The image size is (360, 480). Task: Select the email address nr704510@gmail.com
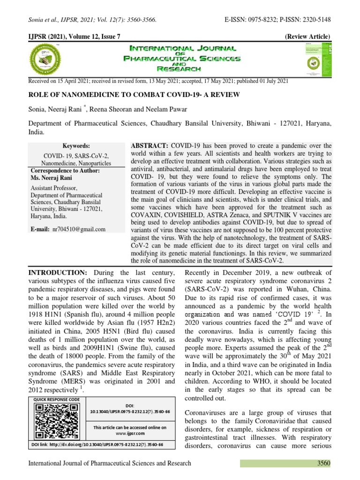coord(79,229)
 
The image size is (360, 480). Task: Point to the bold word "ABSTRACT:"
coord(150,146)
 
